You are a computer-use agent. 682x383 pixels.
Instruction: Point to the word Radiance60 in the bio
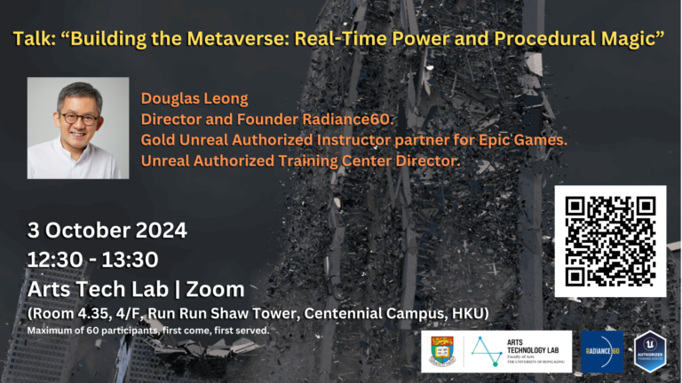tap(354, 119)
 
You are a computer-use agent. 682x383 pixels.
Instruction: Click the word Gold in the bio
tap(158, 140)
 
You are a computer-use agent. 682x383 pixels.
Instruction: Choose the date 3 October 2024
tap(107, 231)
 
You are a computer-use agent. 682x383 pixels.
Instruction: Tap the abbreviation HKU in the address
tap(467, 313)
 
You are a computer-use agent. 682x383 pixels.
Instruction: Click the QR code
tap(610, 241)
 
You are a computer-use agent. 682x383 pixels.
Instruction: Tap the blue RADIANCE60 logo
tap(602, 351)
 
